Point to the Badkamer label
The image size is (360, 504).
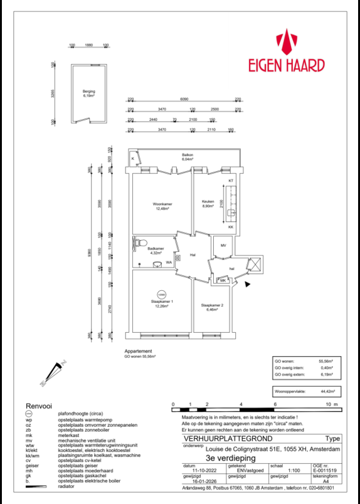tap(156, 250)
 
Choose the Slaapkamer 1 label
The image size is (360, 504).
tap(161, 303)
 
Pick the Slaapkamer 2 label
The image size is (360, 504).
tap(212, 307)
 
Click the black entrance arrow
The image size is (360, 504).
tap(248, 284)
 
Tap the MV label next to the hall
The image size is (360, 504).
tap(223, 246)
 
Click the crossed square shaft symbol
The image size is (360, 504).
tap(253, 265)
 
